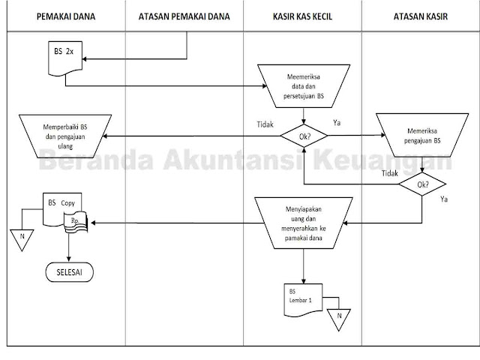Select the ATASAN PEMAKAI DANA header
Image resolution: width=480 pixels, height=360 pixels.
tap(184, 15)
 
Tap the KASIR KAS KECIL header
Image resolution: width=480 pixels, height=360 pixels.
tap(304, 15)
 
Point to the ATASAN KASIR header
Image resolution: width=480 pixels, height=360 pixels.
tap(420, 15)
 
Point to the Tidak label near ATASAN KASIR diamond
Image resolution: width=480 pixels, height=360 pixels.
tap(389, 173)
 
